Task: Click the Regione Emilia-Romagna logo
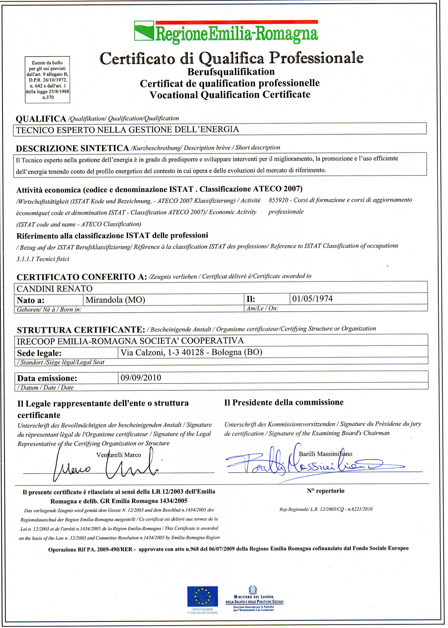[226, 32]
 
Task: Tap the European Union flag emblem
[202, 596]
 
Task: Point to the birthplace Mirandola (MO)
[115, 300]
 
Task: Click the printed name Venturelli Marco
[119, 455]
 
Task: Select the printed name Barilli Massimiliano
[325, 454]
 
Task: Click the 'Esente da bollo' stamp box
[47, 80]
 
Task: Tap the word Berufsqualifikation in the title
[231, 72]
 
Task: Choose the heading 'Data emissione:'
[47, 378]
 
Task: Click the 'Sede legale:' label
[39, 353]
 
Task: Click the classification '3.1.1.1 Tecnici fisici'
[43, 259]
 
